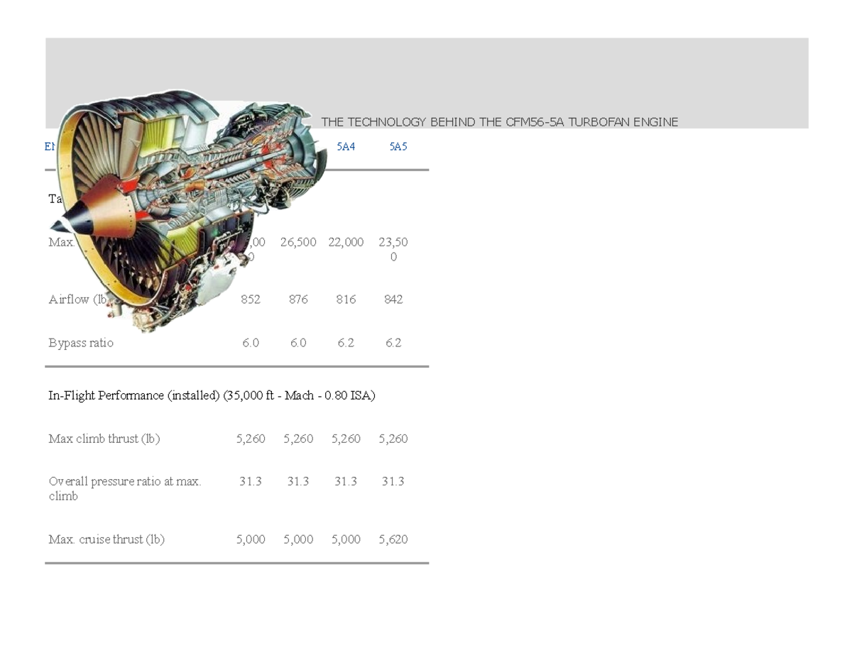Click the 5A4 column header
(x=345, y=147)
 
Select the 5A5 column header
(x=398, y=147)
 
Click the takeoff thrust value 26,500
(x=298, y=242)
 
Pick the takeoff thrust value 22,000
(x=346, y=242)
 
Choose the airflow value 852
(x=250, y=300)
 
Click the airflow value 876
(x=298, y=300)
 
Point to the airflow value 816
(x=346, y=300)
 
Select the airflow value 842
(x=393, y=300)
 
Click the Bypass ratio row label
(x=80, y=343)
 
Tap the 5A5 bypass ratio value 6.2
(x=393, y=343)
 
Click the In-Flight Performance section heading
(x=212, y=395)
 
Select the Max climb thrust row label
(x=104, y=439)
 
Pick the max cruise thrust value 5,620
(x=393, y=539)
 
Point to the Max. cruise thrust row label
(x=106, y=539)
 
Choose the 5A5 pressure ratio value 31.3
(x=393, y=481)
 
